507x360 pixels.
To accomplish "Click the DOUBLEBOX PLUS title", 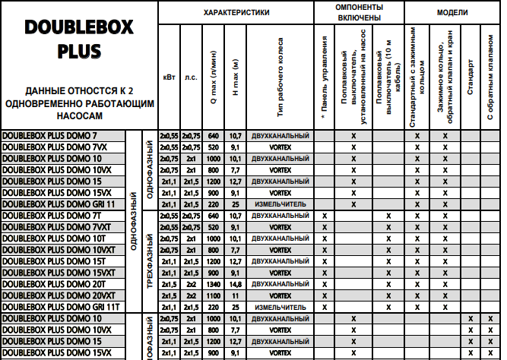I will pos(79,39).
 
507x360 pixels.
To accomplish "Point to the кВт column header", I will pos(168,77).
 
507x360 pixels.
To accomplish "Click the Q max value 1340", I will pos(213,283).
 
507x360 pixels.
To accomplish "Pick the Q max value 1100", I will pos(213,295).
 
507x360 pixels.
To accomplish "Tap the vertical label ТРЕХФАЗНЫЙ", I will pos(150,261).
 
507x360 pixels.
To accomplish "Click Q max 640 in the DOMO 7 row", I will pos(213,134).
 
